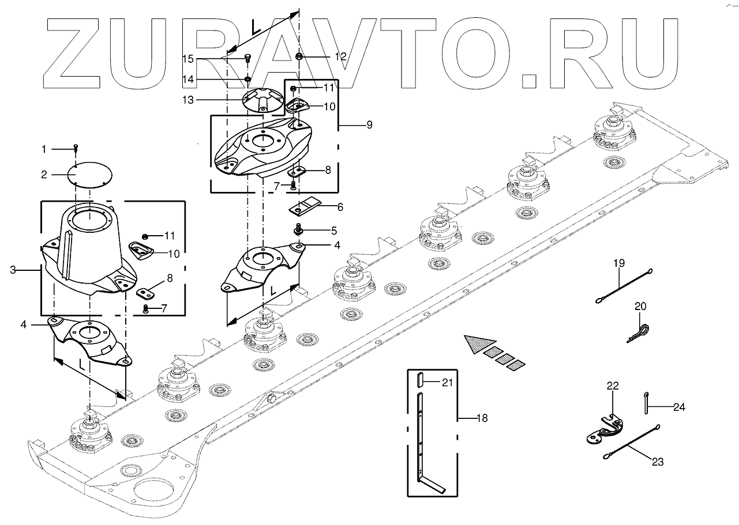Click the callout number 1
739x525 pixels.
coord(43,149)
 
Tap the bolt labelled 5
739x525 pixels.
coord(299,229)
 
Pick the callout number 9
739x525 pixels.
coord(369,124)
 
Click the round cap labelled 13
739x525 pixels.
coord(262,100)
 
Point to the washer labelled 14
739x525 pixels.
coord(247,78)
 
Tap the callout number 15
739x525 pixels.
coord(188,59)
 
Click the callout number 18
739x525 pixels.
coord(482,418)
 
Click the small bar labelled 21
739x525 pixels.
coord(420,381)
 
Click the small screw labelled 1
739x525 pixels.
coord(76,149)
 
